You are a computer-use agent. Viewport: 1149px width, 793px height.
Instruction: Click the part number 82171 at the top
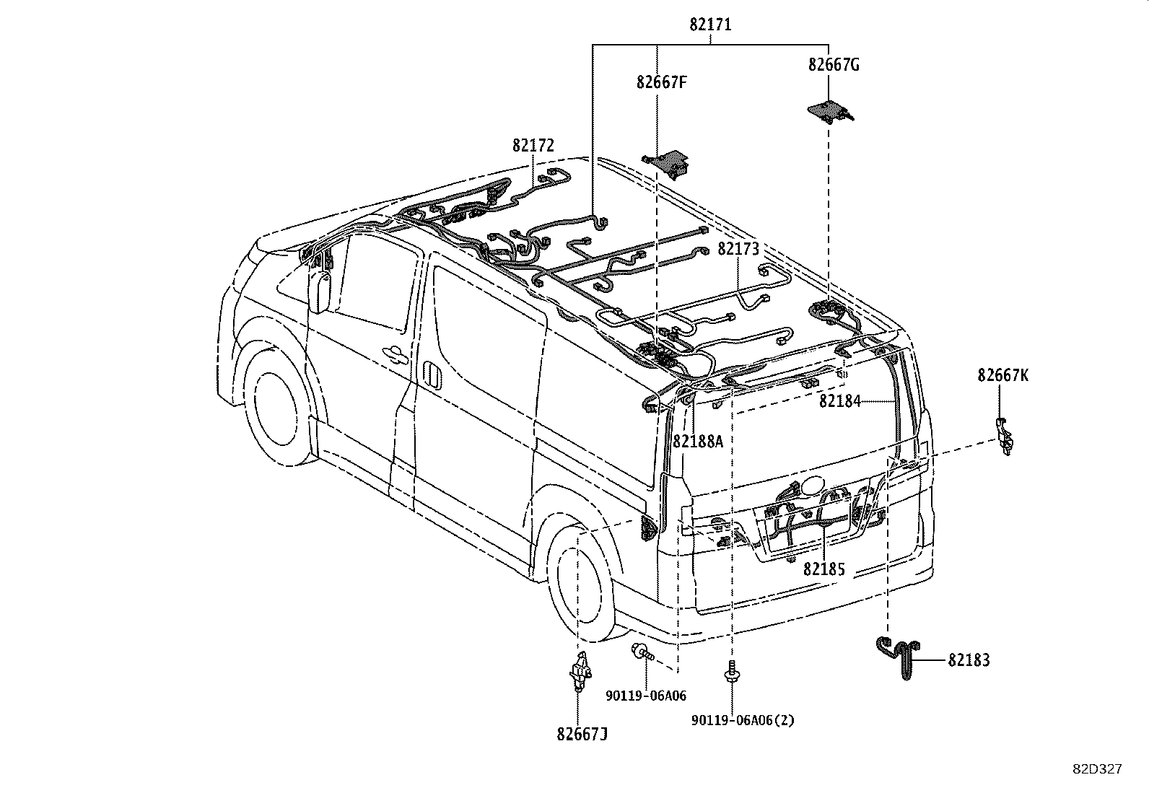click(710, 25)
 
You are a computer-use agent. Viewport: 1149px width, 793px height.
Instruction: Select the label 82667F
click(661, 82)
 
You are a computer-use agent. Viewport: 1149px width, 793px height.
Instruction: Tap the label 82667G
click(834, 65)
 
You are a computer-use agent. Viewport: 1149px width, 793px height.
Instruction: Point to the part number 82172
click(533, 146)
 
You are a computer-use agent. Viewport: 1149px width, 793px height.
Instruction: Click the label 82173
click(738, 250)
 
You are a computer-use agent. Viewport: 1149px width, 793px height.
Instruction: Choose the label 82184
click(839, 401)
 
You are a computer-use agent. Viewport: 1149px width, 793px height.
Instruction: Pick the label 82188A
click(697, 442)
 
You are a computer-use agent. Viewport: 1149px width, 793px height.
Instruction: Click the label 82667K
click(1002, 375)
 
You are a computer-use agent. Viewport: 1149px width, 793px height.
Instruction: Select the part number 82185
click(823, 569)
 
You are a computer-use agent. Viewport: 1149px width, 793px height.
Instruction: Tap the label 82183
click(969, 660)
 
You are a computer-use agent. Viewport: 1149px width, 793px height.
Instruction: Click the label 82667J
click(582, 734)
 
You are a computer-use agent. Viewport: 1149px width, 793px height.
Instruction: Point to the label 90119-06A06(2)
click(743, 720)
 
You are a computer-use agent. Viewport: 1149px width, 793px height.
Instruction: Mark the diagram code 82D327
click(1096, 769)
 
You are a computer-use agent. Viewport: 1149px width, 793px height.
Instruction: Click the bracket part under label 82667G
click(829, 110)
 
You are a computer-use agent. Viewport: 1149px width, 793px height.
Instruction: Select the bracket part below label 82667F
click(668, 162)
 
